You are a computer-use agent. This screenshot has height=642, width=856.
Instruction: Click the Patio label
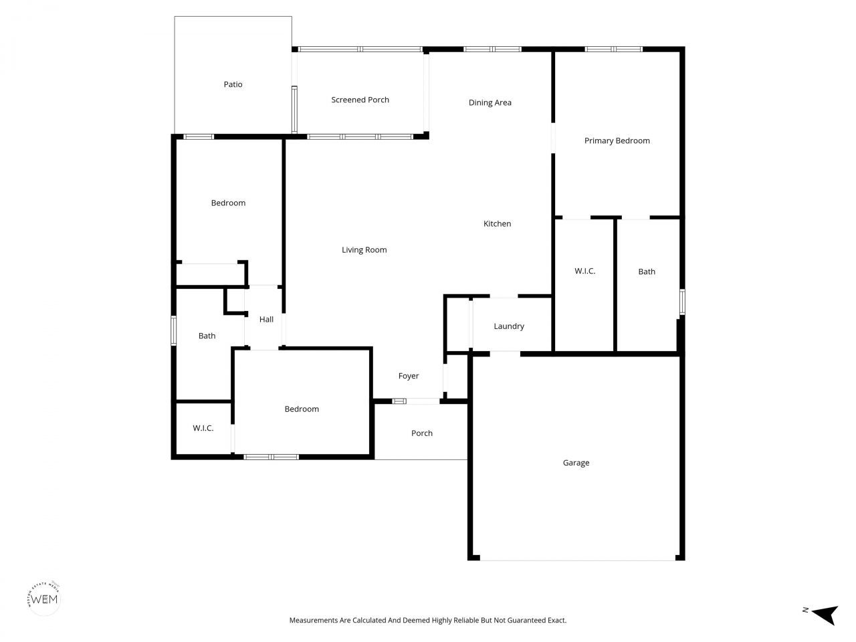pyautogui.click(x=233, y=84)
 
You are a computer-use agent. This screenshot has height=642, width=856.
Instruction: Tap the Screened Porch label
pyautogui.click(x=360, y=100)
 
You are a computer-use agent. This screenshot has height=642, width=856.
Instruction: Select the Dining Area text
pyautogui.click(x=490, y=102)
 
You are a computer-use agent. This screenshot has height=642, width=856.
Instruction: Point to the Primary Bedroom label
pyautogui.click(x=617, y=140)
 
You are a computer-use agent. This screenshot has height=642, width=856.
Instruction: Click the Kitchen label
pyautogui.click(x=497, y=223)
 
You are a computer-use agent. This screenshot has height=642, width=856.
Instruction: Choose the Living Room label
pyautogui.click(x=364, y=249)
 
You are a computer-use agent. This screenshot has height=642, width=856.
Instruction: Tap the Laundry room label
pyautogui.click(x=508, y=326)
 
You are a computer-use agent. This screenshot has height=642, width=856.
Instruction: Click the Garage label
pyautogui.click(x=576, y=462)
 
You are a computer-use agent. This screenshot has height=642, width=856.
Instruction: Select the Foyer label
pyautogui.click(x=408, y=376)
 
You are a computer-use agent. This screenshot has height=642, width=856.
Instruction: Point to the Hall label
pyautogui.click(x=266, y=319)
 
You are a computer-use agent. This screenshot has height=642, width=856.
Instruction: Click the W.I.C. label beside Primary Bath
pyautogui.click(x=584, y=271)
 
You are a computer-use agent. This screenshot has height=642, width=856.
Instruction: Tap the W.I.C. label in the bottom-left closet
pyautogui.click(x=203, y=427)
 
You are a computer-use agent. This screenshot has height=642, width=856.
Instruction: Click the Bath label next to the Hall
pyautogui.click(x=207, y=336)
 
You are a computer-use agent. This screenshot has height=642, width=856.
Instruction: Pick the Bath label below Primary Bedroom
pyautogui.click(x=646, y=272)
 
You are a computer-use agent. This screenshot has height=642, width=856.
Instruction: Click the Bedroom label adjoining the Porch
pyautogui.click(x=302, y=409)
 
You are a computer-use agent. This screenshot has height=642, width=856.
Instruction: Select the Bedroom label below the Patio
pyautogui.click(x=228, y=203)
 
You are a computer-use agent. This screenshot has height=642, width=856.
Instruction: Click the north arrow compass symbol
pyautogui.click(x=825, y=613)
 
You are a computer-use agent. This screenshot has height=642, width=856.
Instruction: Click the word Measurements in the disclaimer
pyautogui.click(x=313, y=620)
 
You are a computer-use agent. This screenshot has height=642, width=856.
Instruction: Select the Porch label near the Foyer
pyautogui.click(x=421, y=433)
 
